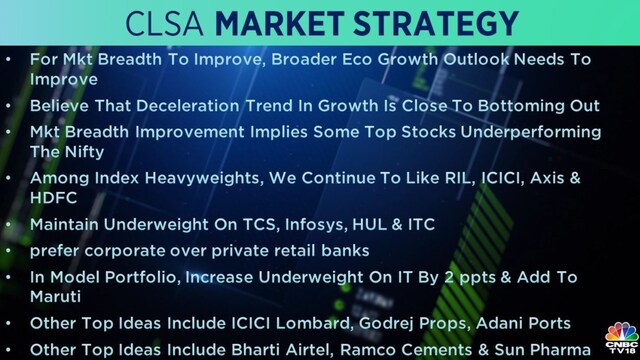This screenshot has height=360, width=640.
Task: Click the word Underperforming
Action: tap(531, 132)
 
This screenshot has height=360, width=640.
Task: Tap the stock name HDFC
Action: tap(53, 197)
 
